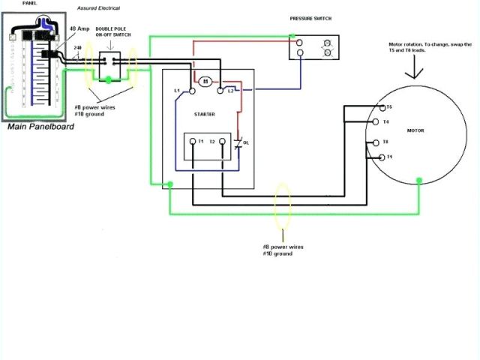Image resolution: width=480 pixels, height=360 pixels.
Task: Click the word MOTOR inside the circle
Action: tap(415, 130)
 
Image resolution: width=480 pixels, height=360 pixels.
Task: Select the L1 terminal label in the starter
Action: tap(177, 91)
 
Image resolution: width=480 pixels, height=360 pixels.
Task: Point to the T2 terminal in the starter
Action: tap(212, 141)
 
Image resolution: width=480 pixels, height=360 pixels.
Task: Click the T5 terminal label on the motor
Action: tap(388, 107)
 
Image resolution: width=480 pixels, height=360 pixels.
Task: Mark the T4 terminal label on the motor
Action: tap(385, 121)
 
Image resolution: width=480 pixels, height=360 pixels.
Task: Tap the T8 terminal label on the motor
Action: tap(385, 141)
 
